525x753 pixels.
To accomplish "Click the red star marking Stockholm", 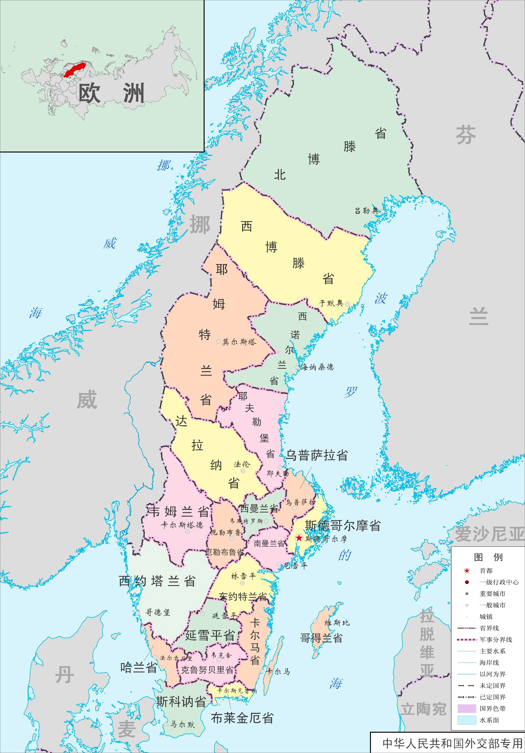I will [299, 538].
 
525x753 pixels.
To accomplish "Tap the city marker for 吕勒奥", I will [382, 212].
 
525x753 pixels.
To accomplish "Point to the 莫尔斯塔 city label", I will [239, 342].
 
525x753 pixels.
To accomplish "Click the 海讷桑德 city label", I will [317, 367].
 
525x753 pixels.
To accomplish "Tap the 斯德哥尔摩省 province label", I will [343, 525].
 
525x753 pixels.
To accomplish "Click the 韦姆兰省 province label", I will [178, 512].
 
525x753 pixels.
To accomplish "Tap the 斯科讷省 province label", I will [181, 702].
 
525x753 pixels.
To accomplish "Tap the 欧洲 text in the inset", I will [112, 93].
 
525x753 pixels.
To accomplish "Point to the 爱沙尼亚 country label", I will [489, 534].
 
